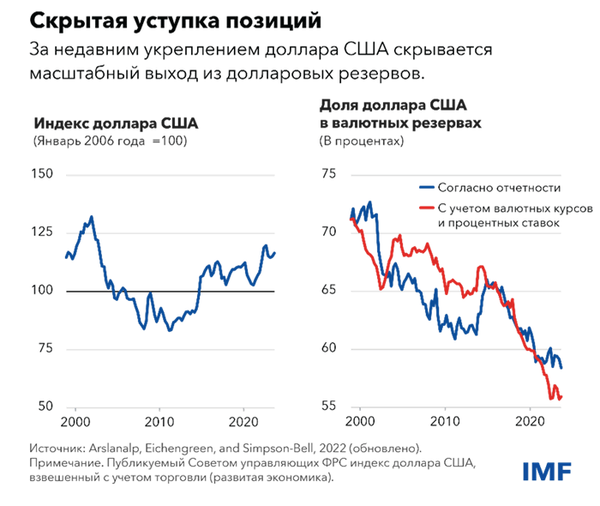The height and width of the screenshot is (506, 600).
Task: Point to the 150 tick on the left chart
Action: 42,175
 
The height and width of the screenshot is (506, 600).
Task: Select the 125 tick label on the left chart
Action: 42,233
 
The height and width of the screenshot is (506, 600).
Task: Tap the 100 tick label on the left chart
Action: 42,291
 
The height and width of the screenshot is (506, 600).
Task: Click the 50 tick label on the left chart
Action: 45,407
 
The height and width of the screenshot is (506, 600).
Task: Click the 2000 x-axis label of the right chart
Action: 359,423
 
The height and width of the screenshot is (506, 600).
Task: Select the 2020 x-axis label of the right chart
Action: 529,423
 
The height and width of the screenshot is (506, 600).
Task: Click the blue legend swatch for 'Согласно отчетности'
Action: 425,187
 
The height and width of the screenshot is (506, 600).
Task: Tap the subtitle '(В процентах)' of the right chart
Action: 360,140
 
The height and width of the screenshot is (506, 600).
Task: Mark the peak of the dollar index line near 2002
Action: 92,216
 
